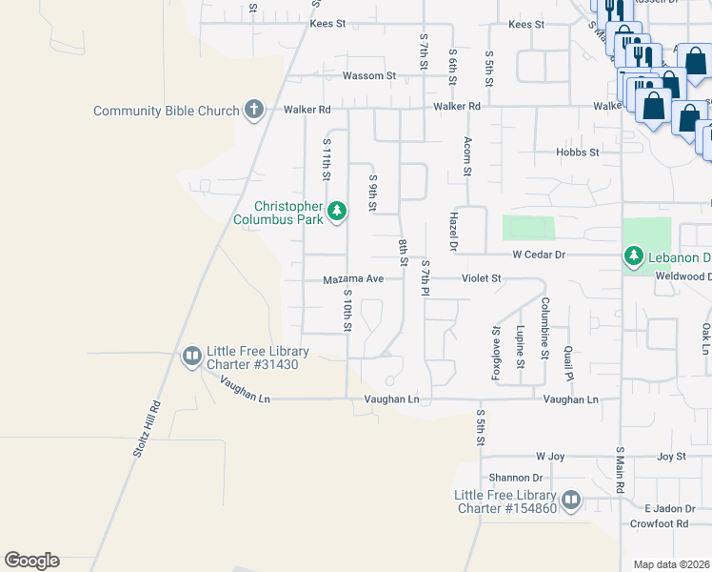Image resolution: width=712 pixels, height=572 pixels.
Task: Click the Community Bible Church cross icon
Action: pyautogui.click(x=253, y=111)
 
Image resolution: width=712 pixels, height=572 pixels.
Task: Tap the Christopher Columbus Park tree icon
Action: pyautogui.click(x=336, y=212)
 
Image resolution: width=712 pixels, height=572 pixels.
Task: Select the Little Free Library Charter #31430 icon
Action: pyautogui.click(x=191, y=357)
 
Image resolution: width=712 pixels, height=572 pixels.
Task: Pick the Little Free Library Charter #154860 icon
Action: pyautogui.click(x=570, y=500)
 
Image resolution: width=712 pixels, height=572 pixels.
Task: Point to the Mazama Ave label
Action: pyautogui.click(x=352, y=279)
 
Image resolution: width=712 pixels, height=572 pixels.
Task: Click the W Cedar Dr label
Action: pyautogui.click(x=539, y=255)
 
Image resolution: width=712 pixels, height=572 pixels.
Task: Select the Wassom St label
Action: pyautogui.click(x=369, y=75)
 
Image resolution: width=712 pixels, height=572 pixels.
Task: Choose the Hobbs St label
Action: pyautogui.click(x=578, y=152)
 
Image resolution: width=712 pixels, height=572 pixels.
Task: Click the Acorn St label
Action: pyautogui.click(x=467, y=156)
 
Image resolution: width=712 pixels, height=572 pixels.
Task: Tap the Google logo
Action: pyautogui.click(x=31, y=561)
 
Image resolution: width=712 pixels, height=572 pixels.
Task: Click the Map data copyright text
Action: pyautogui.click(x=672, y=564)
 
